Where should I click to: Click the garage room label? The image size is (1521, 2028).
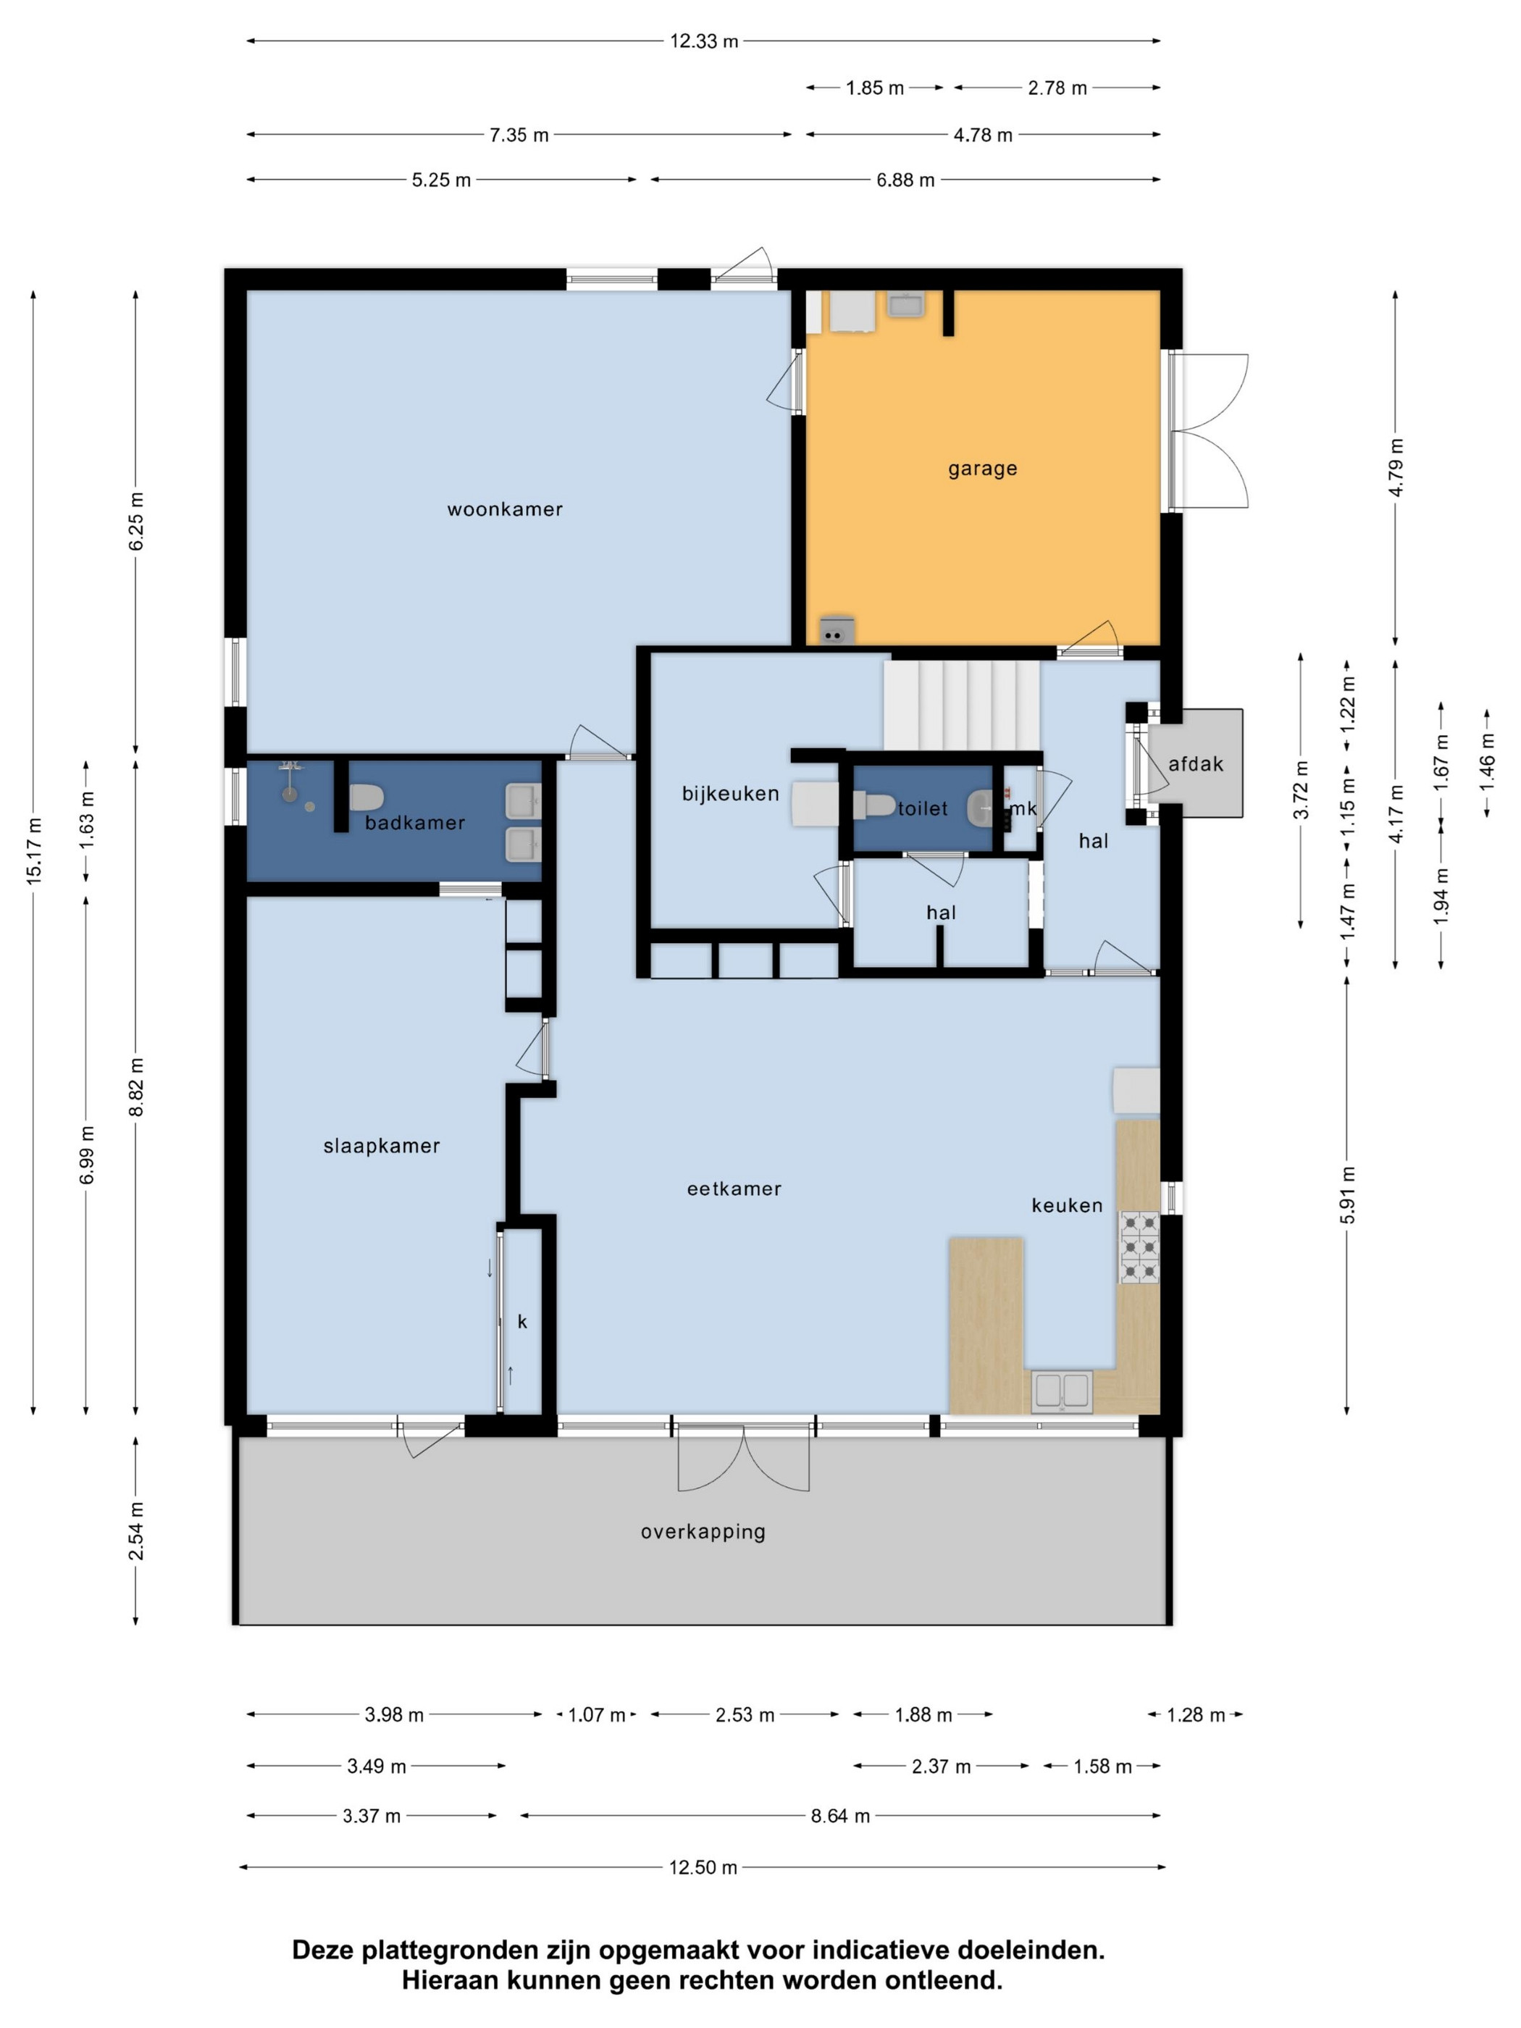[x=982, y=469]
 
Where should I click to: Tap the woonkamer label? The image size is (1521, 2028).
[x=504, y=510]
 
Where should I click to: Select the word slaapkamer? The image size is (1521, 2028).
[x=382, y=1146]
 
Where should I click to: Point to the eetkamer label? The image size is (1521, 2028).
[x=734, y=1189]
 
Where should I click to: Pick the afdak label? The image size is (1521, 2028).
[x=1194, y=763]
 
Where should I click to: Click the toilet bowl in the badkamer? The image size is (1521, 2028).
[x=366, y=797]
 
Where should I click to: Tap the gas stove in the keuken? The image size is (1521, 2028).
[x=1139, y=1247]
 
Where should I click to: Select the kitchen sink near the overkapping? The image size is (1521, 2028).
[x=1062, y=1392]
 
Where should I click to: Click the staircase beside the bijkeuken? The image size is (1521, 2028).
[x=961, y=704]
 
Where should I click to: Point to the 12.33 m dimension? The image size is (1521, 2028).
[x=704, y=41]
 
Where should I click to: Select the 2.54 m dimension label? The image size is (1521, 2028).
[x=135, y=1531]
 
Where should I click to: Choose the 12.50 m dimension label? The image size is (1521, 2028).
[x=703, y=1867]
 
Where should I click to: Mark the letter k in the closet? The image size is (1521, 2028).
[x=523, y=1321]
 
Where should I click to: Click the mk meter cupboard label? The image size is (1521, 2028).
[x=1023, y=808]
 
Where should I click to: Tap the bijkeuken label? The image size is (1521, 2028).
[x=730, y=794]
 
